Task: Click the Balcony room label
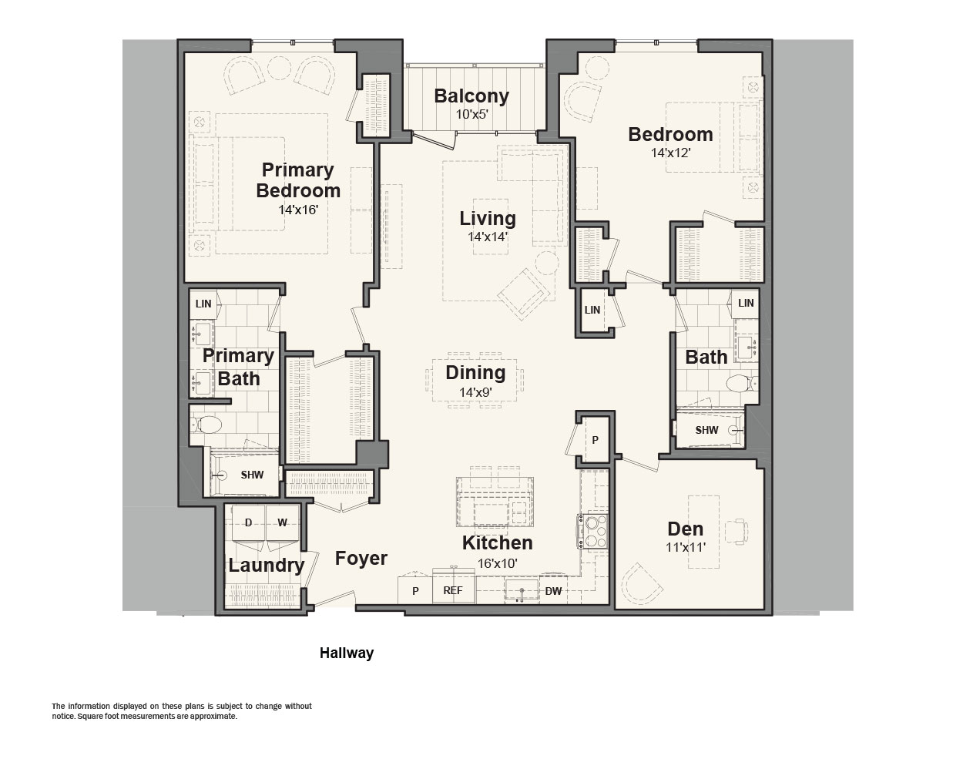pos(471,96)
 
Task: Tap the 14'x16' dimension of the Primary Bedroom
pos(298,210)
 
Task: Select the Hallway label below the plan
pos(347,653)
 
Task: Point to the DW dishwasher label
pos(553,591)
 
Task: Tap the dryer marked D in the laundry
pos(248,523)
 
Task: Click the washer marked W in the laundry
pos(283,523)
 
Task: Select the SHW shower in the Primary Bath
pos(245,475)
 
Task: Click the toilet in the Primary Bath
pos(206,425)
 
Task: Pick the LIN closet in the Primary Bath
pos(203,304)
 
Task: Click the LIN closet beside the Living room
pos(592,310)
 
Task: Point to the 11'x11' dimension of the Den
pos(686,547)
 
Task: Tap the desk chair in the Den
pos(737,531)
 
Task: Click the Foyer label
pos(361,558)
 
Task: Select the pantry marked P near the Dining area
pos(596,440)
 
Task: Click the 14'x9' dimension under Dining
pos(475,392)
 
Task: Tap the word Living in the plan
pos(488,218)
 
